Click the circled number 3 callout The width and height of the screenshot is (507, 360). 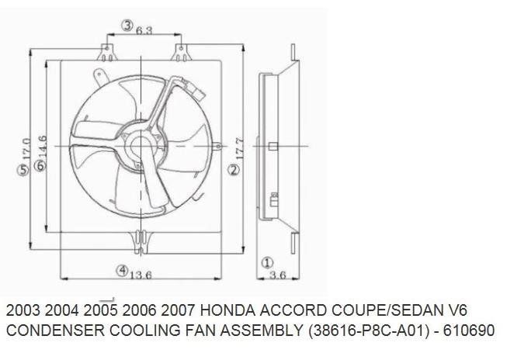(x=127, y=26)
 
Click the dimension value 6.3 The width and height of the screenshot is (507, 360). (x=143, y=30)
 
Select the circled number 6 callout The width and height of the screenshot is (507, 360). (x=38, y=156)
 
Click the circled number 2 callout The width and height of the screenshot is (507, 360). (x=233, y=169)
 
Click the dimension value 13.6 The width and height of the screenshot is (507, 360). (x=140, y=274)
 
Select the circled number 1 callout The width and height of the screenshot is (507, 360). (x=266, y=262)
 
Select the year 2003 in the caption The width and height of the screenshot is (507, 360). (x=24, y=309)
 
